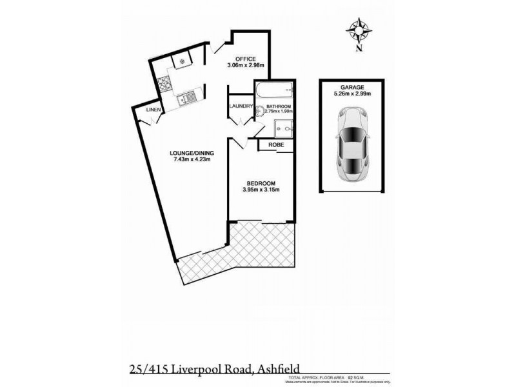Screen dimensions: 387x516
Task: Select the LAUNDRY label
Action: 240,107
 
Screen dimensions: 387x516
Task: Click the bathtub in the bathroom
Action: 274,91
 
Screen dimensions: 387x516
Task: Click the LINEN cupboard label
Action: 152,110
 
